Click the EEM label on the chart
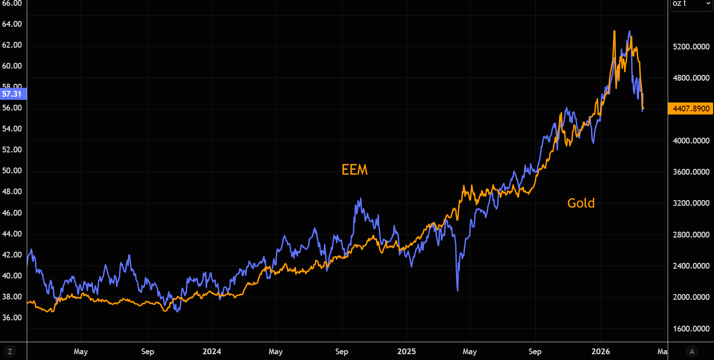(x=354, y=170)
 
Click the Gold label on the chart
(x=581, y=203)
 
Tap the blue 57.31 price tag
(x=12, y=94)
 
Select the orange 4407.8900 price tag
(x=691, y=109)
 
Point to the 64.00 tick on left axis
(x=12, y=24)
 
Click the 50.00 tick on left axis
(x=12, y=171)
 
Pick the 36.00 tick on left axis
(x=12, y=318)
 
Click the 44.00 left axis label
(x=12, y=234)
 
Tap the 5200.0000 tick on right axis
(x=691, y=47)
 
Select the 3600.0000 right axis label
(x=691, y=172)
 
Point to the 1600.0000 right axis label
(x=691, y=329)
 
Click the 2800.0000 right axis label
(x=691, y=235)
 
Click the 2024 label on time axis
(x=212, y=352)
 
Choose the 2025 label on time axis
(x=406, y=352)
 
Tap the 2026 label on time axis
(x=601, y=352)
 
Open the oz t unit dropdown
(x=691, y=4)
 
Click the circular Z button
(x=10, y=352)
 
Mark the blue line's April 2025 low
(x=458, y=290)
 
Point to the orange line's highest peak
(x=614, y=31)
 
